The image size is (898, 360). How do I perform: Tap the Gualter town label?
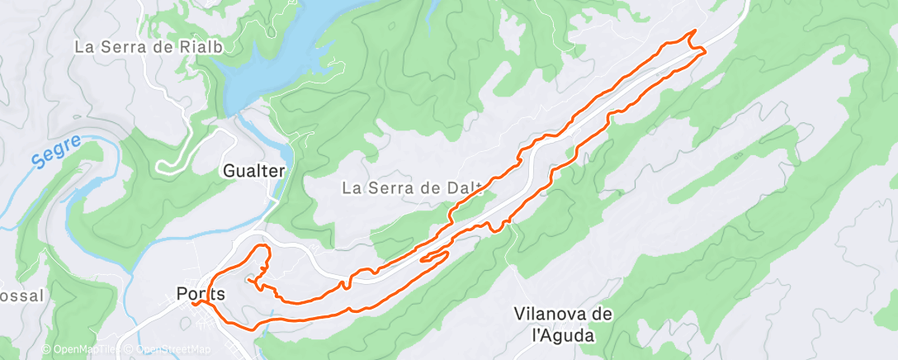click(254, 172)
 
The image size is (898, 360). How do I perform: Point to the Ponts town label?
click(201, 293)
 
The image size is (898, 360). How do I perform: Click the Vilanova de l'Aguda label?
click(563, 324)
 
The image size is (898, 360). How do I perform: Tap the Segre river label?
click(59, 153)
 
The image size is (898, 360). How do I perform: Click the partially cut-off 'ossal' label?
click(21, 296)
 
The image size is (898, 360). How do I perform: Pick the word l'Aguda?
click(563, 336)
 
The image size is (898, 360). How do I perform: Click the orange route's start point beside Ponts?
click(195, 303)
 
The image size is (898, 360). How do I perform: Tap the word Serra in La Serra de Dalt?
click(395, 188)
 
